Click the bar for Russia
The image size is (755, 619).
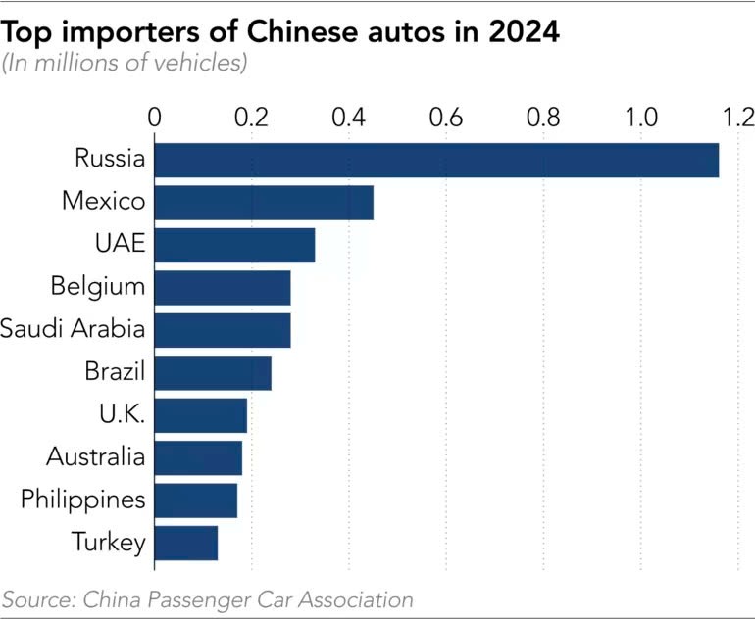(x=436, y=160)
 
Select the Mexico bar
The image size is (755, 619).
(x=264, y=202)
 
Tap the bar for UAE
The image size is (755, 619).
(x=234, y=245)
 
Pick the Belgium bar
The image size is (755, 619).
(x=223, y=288)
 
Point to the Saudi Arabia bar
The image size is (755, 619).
(x=223, y=330)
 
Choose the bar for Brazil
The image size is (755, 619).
(x=213, y=373)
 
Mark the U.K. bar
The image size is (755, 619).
(x=200, y=415)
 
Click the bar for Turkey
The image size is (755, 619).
(x=186, y=543)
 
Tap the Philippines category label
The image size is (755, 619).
(x=83, y=500)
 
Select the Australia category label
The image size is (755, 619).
(x=96, y=456)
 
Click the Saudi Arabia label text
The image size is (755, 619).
(x=74, y=329)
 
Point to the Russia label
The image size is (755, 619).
(x=110, y=159)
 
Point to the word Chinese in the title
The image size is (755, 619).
(x=294, y=32)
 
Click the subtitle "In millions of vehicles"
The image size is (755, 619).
(x=124, y=64)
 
